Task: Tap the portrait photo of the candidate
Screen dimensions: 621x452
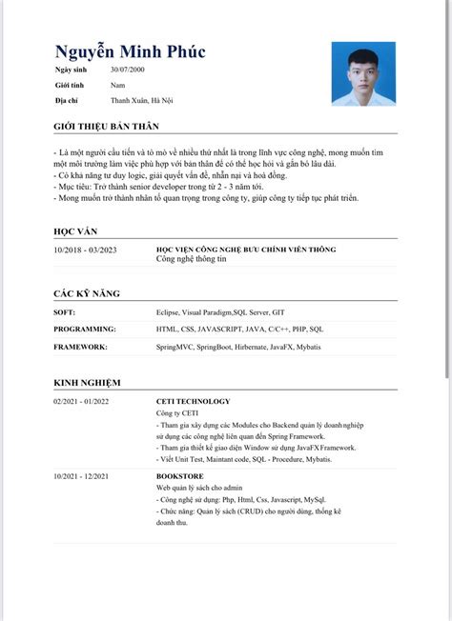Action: pos(363,74)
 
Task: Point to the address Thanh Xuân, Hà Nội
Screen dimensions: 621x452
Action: pos(142,99)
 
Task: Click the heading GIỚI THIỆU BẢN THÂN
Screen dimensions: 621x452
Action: pos(106,126)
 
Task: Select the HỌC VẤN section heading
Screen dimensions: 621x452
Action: pos(75,231)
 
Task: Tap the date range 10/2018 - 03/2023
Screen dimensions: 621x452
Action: pos(86,250)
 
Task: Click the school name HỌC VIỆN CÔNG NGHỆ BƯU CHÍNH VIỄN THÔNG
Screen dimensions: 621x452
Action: pos(246,250)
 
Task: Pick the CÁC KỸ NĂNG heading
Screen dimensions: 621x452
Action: pos(87,293)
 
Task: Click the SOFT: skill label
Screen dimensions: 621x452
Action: pos(66,311)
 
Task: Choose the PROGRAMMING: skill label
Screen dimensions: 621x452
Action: pos(86,329)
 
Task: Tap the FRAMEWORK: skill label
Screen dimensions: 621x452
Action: pos(81,347)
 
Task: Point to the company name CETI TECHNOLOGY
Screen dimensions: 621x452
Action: pos(193,401)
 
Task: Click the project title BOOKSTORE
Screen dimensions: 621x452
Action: pos(180,475)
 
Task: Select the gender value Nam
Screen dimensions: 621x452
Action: pos(117,86)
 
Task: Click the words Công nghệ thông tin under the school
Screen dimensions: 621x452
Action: pos(192,259)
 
